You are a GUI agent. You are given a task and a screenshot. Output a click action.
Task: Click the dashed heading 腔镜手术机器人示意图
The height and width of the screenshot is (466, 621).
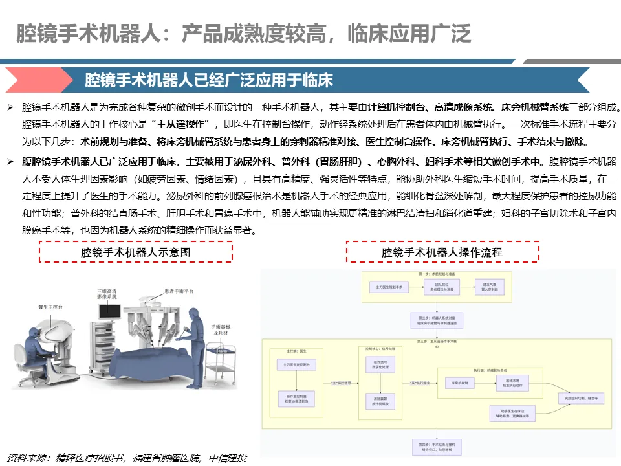click(136, 252)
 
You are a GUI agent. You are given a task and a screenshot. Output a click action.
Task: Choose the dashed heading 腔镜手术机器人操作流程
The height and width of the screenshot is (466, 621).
click(442, 252)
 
